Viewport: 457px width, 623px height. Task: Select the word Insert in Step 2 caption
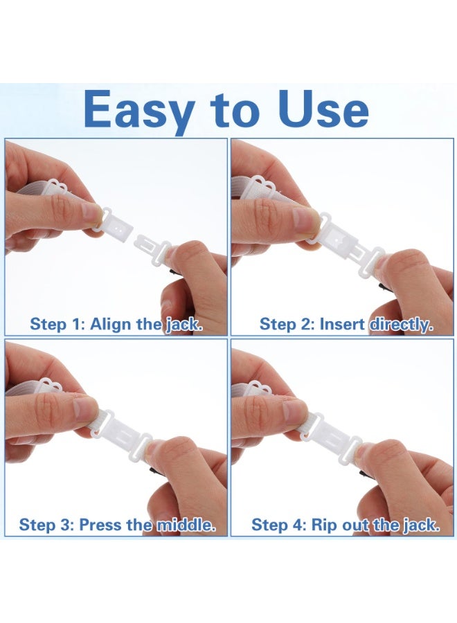pyautogui.click(x=342, y=324)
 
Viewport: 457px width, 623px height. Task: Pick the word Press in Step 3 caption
pyautogui.click(x=100, y=525)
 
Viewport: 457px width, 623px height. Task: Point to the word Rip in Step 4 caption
pyautogui.click(x=324, y=525)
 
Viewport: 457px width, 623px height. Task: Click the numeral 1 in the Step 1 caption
pyautogui.click(x=76, y=324)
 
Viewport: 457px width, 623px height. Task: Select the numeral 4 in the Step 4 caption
pyautogui.click(x=298, y=525)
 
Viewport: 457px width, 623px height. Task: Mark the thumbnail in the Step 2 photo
pyautogui.click(x=305, y=219)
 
